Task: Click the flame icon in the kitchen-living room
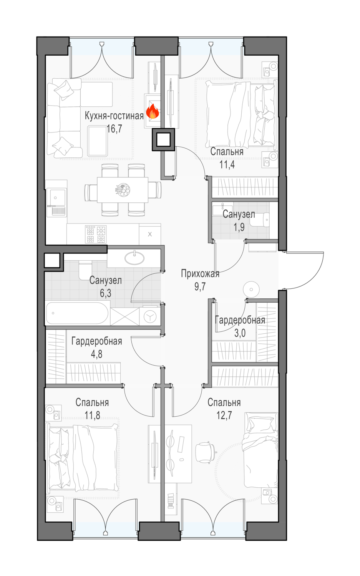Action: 153,111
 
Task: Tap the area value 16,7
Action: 114,129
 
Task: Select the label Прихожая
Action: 200,273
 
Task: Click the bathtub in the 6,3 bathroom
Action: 77,313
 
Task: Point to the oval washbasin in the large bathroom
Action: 134,258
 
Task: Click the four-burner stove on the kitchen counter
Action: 96,234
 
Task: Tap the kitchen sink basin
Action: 58,197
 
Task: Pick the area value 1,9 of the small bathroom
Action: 239,227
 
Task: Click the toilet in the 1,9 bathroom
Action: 260,220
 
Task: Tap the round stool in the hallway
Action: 251,290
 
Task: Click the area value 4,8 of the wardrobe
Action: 96,354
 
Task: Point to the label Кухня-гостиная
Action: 114,116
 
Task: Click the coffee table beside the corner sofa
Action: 97,141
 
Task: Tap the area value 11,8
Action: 92,415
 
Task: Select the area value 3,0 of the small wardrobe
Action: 240,333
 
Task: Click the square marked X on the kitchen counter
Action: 150,234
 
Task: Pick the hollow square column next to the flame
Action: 163,140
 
